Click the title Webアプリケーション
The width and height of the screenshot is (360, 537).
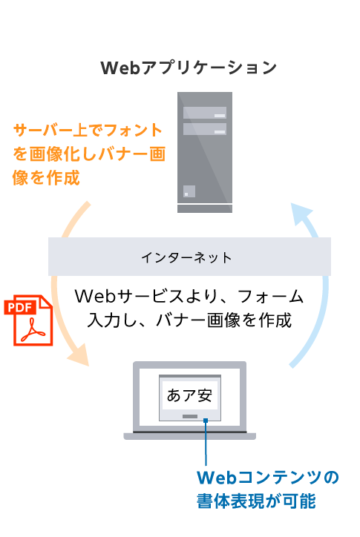click(x=189, y=67)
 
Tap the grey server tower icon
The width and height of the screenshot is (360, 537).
click(x=205, y=152)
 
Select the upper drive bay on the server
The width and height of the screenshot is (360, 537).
click(x=205, y=113)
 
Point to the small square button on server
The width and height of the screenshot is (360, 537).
click(x=189, y=191)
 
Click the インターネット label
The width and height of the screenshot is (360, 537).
click(x=186, y=257)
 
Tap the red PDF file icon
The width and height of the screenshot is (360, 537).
click(x=28, y=320)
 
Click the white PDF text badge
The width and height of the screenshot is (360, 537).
click(x=20, y=307)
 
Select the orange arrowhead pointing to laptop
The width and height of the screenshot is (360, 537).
click(x=79, y=355)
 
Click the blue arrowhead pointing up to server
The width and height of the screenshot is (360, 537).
click(x=301, y=213)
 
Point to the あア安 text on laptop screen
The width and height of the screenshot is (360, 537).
click(x=189, y=395)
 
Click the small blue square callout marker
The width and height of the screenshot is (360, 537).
click(x=206, y=421)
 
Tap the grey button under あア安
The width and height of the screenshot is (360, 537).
click(x=190, y=416)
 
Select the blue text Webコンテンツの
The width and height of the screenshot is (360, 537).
click(x=268, y=478)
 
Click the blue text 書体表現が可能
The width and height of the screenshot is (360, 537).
click(x=256, y=501)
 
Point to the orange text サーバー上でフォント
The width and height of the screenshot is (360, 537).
click(x=88, y=131)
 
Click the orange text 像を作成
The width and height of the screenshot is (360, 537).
click(x=46, y=177)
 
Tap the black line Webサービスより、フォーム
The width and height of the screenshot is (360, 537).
click(x=189, y=296)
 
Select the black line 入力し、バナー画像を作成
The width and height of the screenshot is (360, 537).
click(x=189, y=320)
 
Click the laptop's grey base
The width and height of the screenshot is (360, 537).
click(x=189, y=436)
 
